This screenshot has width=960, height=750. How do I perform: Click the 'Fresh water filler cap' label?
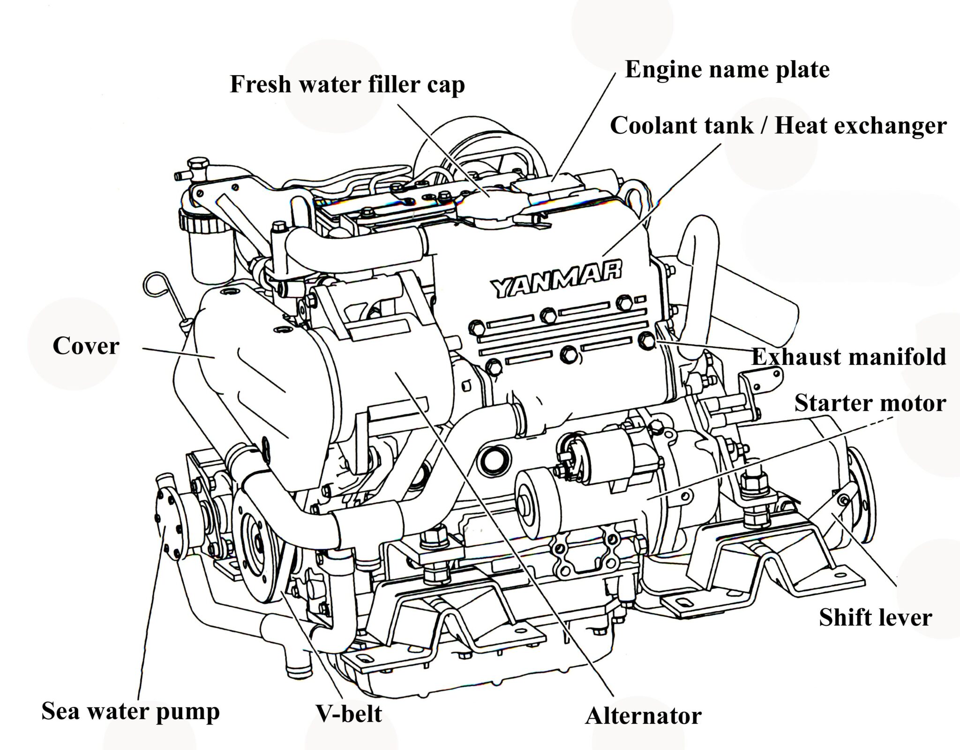[x=347, y=85]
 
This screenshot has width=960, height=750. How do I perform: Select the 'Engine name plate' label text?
[x=727, y=70]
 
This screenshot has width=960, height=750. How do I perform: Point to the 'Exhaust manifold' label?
[x=848, y=357]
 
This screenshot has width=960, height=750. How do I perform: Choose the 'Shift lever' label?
[x=875, y=617]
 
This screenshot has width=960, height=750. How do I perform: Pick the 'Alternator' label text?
[x=643, y=716]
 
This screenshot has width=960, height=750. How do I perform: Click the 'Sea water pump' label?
[x=130, y=711]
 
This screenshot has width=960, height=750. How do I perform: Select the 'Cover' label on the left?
[x=86, y=347]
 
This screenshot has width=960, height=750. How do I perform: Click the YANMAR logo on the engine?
[x=556, y=280]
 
